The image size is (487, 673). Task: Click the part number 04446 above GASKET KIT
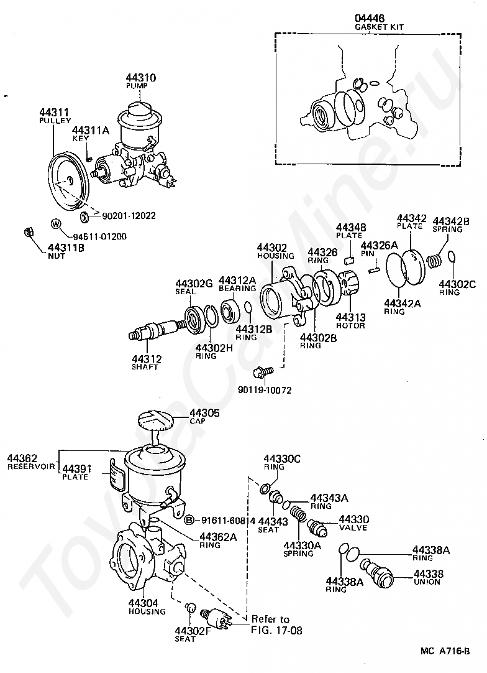pyautogui.click(x=369, y=18)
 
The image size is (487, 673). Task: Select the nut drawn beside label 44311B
pyautogui.click(x=29, y=232)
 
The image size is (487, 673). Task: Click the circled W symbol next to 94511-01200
pyautogui.click(x=56, y=224)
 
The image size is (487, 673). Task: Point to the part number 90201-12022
pyautogui.click(x=129, y=216)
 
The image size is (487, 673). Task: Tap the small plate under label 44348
pyautogui.click(x=349, y=260)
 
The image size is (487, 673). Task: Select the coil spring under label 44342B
pyautogui.click(x=435, y=261)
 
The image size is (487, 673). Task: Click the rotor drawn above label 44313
pyautogui.click(x=349, y=283)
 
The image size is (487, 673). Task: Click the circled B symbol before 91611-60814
pyautogui.click(x=189, y=521)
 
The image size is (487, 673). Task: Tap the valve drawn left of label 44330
pyautogui.click(x=317, y=526)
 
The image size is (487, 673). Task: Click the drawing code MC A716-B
pyautogui.click(x=445, y=651)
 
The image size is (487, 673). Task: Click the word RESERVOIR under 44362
pyautogui.click(x=31, y=466)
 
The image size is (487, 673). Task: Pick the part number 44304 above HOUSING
pyautogui.click(x=143, y=603)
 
